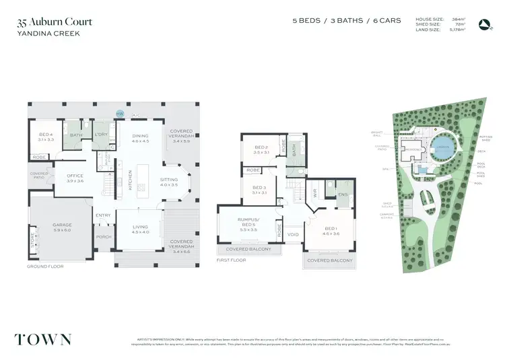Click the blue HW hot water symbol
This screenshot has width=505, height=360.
coord(120,114)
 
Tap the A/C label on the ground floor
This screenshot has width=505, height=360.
coord(136,114)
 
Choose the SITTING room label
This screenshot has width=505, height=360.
coord(169,181)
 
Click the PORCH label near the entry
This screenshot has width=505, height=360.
coord(104,237)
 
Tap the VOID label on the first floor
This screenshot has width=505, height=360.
coord(293,235)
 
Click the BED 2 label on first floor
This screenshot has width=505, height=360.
coord(262,149)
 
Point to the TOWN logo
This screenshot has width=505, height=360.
coord(45,338)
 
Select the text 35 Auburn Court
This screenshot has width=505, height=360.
coord(54,22)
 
